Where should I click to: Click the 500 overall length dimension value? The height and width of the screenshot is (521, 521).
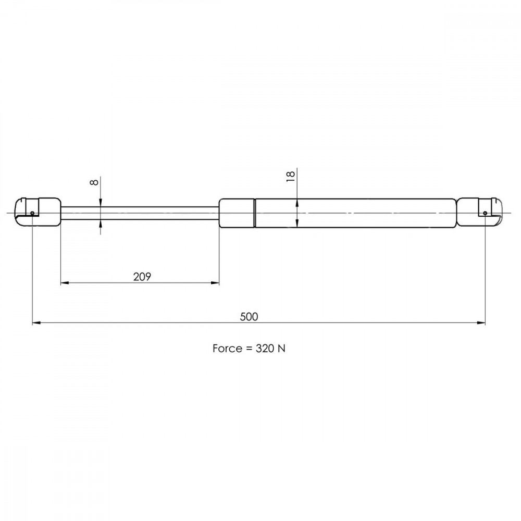click(x=249, y=317)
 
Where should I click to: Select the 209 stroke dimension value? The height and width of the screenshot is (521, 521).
click(x=142, y=277)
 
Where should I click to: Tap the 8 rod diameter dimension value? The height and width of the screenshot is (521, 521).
click(x=95, y=182)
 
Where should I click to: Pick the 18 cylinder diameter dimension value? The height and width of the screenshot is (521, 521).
click(x=291, y=176)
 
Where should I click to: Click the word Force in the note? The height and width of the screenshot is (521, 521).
click(x=227, y=348)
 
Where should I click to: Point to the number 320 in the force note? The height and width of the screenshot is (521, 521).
click(x=265, y=348)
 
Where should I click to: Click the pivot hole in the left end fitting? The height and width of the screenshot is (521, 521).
click(x=32, y=213)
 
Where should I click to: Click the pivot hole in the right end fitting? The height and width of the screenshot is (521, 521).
click(x=485, y=213)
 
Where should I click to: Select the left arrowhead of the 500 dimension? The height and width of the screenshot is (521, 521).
click(x=36, y=322)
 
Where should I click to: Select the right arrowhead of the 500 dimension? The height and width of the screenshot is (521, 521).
click(x=481, y=322)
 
